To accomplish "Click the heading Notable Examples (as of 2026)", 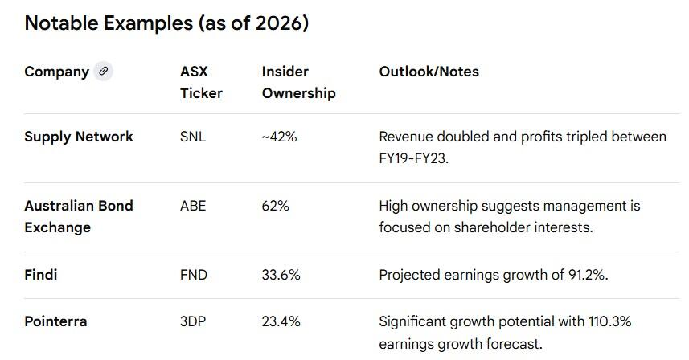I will [x=166, y=23].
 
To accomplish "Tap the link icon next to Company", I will [x=102, y=72].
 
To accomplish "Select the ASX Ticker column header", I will [x=201, y=82].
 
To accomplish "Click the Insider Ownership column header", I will [x=298, y=82].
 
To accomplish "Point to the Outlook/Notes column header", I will [x=429, y=72].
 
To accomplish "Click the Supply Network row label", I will [x=79, y=137].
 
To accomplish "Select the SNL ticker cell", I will [x=193, y=137].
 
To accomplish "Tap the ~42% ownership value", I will [x=279, y=137].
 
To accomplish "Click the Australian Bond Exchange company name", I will [x=79, y=216].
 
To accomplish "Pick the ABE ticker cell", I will [x=193, y=206].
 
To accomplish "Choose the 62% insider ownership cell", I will [x=275, y=206].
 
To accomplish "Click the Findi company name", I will [x=41, y=275].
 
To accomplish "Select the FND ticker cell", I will [x=194, y=275].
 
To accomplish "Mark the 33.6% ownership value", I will [x=281, y=275].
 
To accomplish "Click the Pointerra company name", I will [x=55, y=321].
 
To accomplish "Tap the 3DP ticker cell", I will [x=193, y=321].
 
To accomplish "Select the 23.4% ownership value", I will [x=281, y=321].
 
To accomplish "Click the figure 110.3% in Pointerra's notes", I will [x=605, y=321].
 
